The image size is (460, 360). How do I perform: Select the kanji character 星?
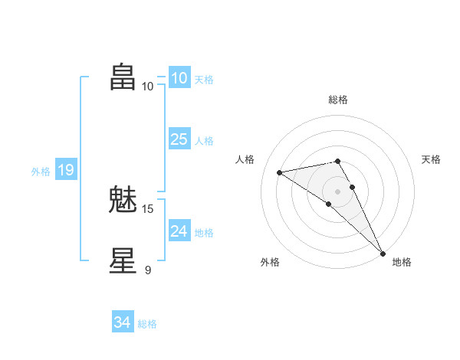123,260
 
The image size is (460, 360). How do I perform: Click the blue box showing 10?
179,78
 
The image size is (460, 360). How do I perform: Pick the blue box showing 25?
179,139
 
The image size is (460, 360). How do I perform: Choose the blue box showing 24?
179,231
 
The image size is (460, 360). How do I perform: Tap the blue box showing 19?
65,170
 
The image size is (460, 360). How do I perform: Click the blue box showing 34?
122,323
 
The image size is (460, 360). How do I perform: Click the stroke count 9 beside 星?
148,270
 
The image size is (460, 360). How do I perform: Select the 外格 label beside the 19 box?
41,172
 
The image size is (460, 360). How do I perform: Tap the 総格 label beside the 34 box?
147,324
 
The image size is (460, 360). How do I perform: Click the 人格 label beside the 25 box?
204,141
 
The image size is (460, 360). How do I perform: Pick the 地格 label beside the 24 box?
204,233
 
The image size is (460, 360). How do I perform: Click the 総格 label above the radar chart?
338,100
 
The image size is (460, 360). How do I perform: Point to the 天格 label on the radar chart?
431,159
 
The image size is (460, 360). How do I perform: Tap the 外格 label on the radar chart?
270,262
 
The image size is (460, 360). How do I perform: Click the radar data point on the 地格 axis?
383,253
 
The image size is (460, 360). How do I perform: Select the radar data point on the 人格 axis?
280,172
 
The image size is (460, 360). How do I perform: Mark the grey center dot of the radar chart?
338,191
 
